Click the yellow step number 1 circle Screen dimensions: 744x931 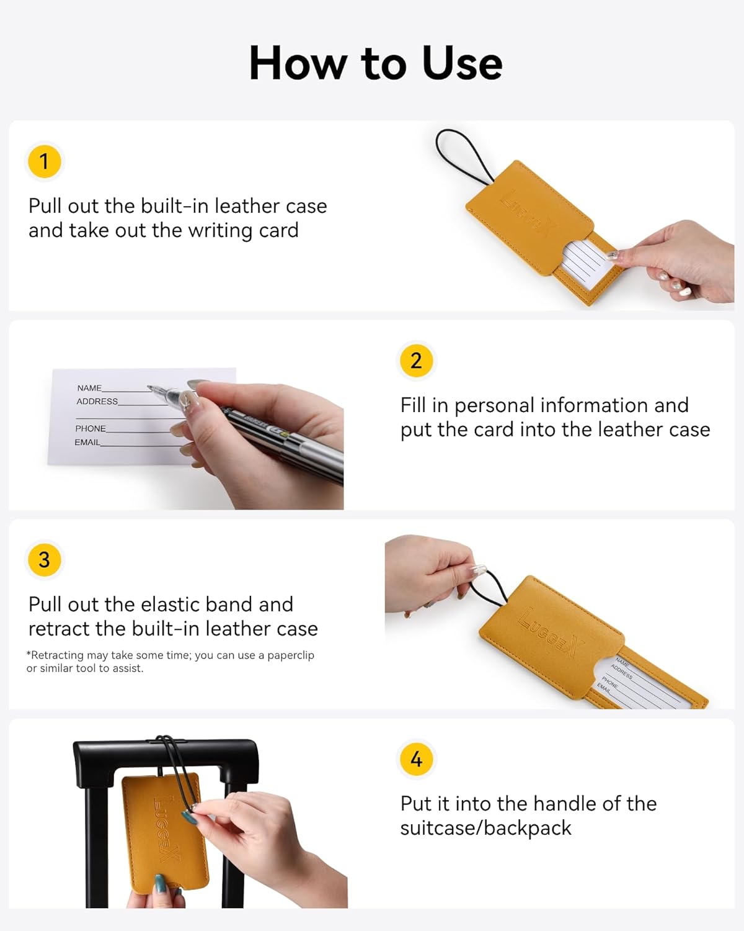pos(44,161)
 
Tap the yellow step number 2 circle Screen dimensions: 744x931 pos(416,361)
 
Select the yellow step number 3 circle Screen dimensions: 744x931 pos(44,560)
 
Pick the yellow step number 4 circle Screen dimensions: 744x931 pos(416,759)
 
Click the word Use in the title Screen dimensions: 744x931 pos(462,63)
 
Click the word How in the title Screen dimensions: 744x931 pos(298,63)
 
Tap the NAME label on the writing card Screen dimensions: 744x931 pos(89,388)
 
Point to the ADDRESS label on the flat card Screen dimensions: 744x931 pos(97,402)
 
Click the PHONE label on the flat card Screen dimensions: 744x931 pos(91,428)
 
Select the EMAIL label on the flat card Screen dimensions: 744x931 pos(87,442)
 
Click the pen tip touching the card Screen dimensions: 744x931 pos(149,387)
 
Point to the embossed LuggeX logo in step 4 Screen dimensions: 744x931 pos(167,829)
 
